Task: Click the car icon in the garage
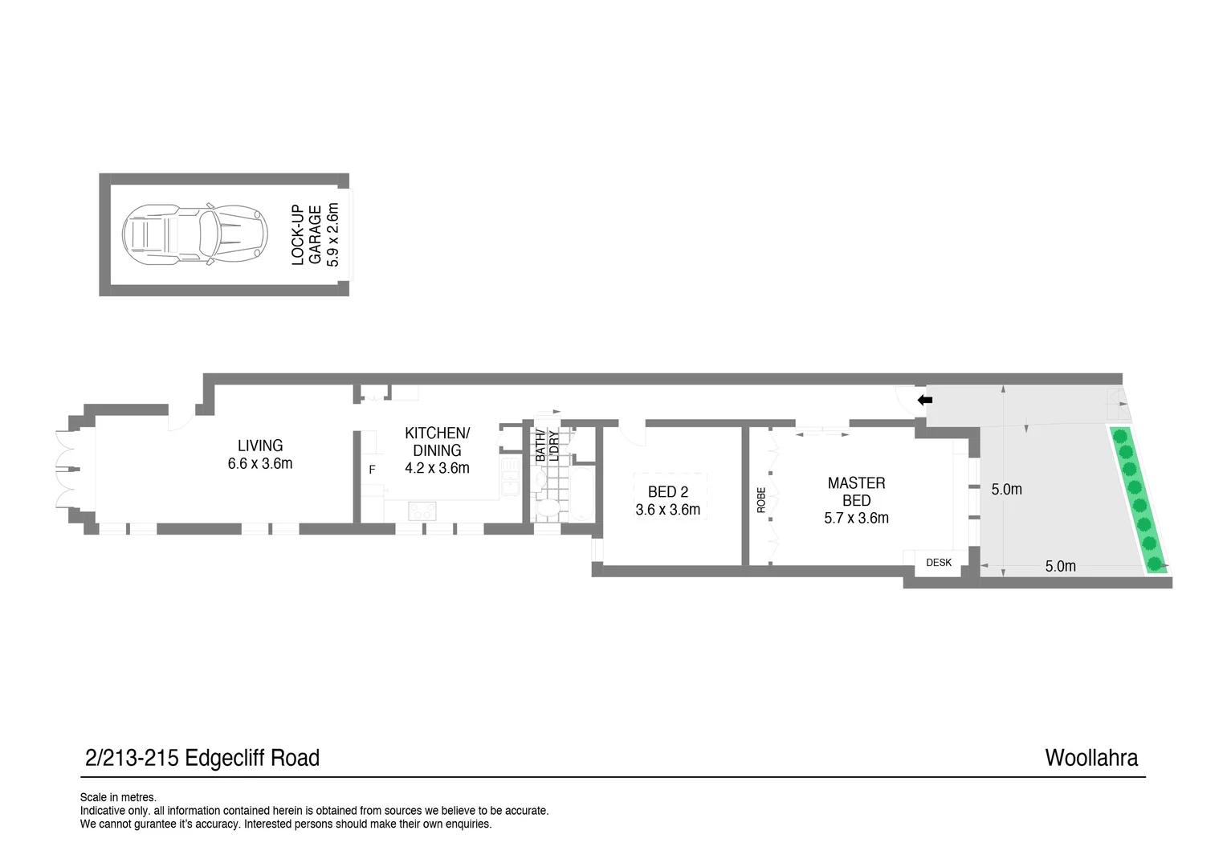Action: point(194,234)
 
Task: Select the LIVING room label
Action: point(260,446)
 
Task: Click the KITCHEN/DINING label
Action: point(437,442)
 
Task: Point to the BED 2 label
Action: point(667,492)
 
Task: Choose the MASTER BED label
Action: point(856,491)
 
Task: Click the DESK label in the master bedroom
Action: point(938,563)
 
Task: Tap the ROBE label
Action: point(761,500)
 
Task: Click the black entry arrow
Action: point(925,399)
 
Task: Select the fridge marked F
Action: point(372,470)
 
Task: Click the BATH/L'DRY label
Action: point(547,446)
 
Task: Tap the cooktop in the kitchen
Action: point(422,511)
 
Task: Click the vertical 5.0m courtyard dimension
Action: point(1006,489)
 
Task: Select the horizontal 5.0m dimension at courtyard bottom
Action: point(1060,566)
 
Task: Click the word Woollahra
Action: point(1090,758)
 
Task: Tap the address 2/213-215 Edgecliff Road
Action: point(202,758)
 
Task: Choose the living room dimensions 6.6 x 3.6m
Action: point(260,463)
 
